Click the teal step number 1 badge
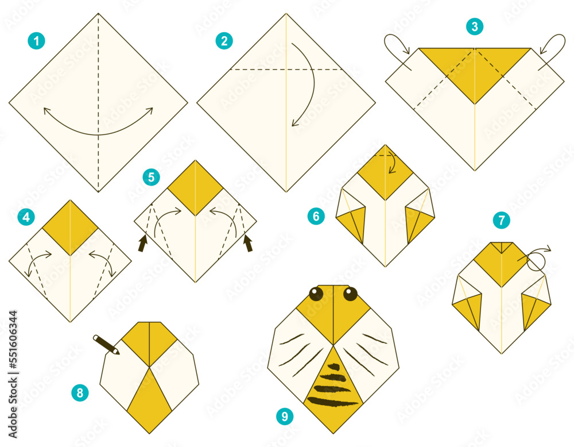point(36,41)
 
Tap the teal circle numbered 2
point(224,41)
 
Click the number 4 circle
point(25,218)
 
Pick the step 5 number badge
point(151,177)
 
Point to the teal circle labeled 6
point(315,217)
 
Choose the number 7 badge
point(501,219)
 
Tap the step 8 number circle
point(80,393)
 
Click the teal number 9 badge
point(283,416)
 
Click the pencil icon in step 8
point(106,344)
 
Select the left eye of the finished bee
point(316,294)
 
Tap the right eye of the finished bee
point(350,294)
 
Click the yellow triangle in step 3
point(475,69)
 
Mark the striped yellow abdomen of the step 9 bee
point(333,391)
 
